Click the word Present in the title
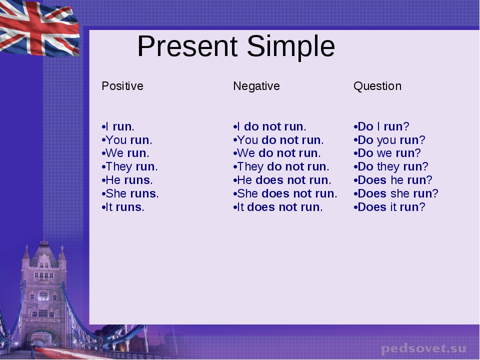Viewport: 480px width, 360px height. (x=187, y=46)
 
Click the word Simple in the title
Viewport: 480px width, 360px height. (x=291, y=46)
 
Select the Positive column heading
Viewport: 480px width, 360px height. (x=122, y=86)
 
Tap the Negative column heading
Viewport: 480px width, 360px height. (x=256, y=86)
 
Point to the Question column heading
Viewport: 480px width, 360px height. (x=377, y=86)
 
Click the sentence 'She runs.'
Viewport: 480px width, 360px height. (x=132, y=193)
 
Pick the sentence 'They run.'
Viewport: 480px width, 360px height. (x=131, y=166)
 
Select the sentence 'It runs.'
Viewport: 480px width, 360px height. (x=124, y=207)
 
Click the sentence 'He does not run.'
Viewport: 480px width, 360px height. (x=284, y=180)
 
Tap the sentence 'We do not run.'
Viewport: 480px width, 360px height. (x=279, y=153)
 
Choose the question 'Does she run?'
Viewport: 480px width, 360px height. (x=398, y=193)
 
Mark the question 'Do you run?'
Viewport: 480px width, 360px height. (x=391, y=140)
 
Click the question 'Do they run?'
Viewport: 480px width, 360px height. (x=393, y=166)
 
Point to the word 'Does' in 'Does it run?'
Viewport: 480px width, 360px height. (x=372, y=207)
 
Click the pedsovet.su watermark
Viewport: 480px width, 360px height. (x=423, y=348)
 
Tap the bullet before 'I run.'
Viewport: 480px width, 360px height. (x=103, y=126)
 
